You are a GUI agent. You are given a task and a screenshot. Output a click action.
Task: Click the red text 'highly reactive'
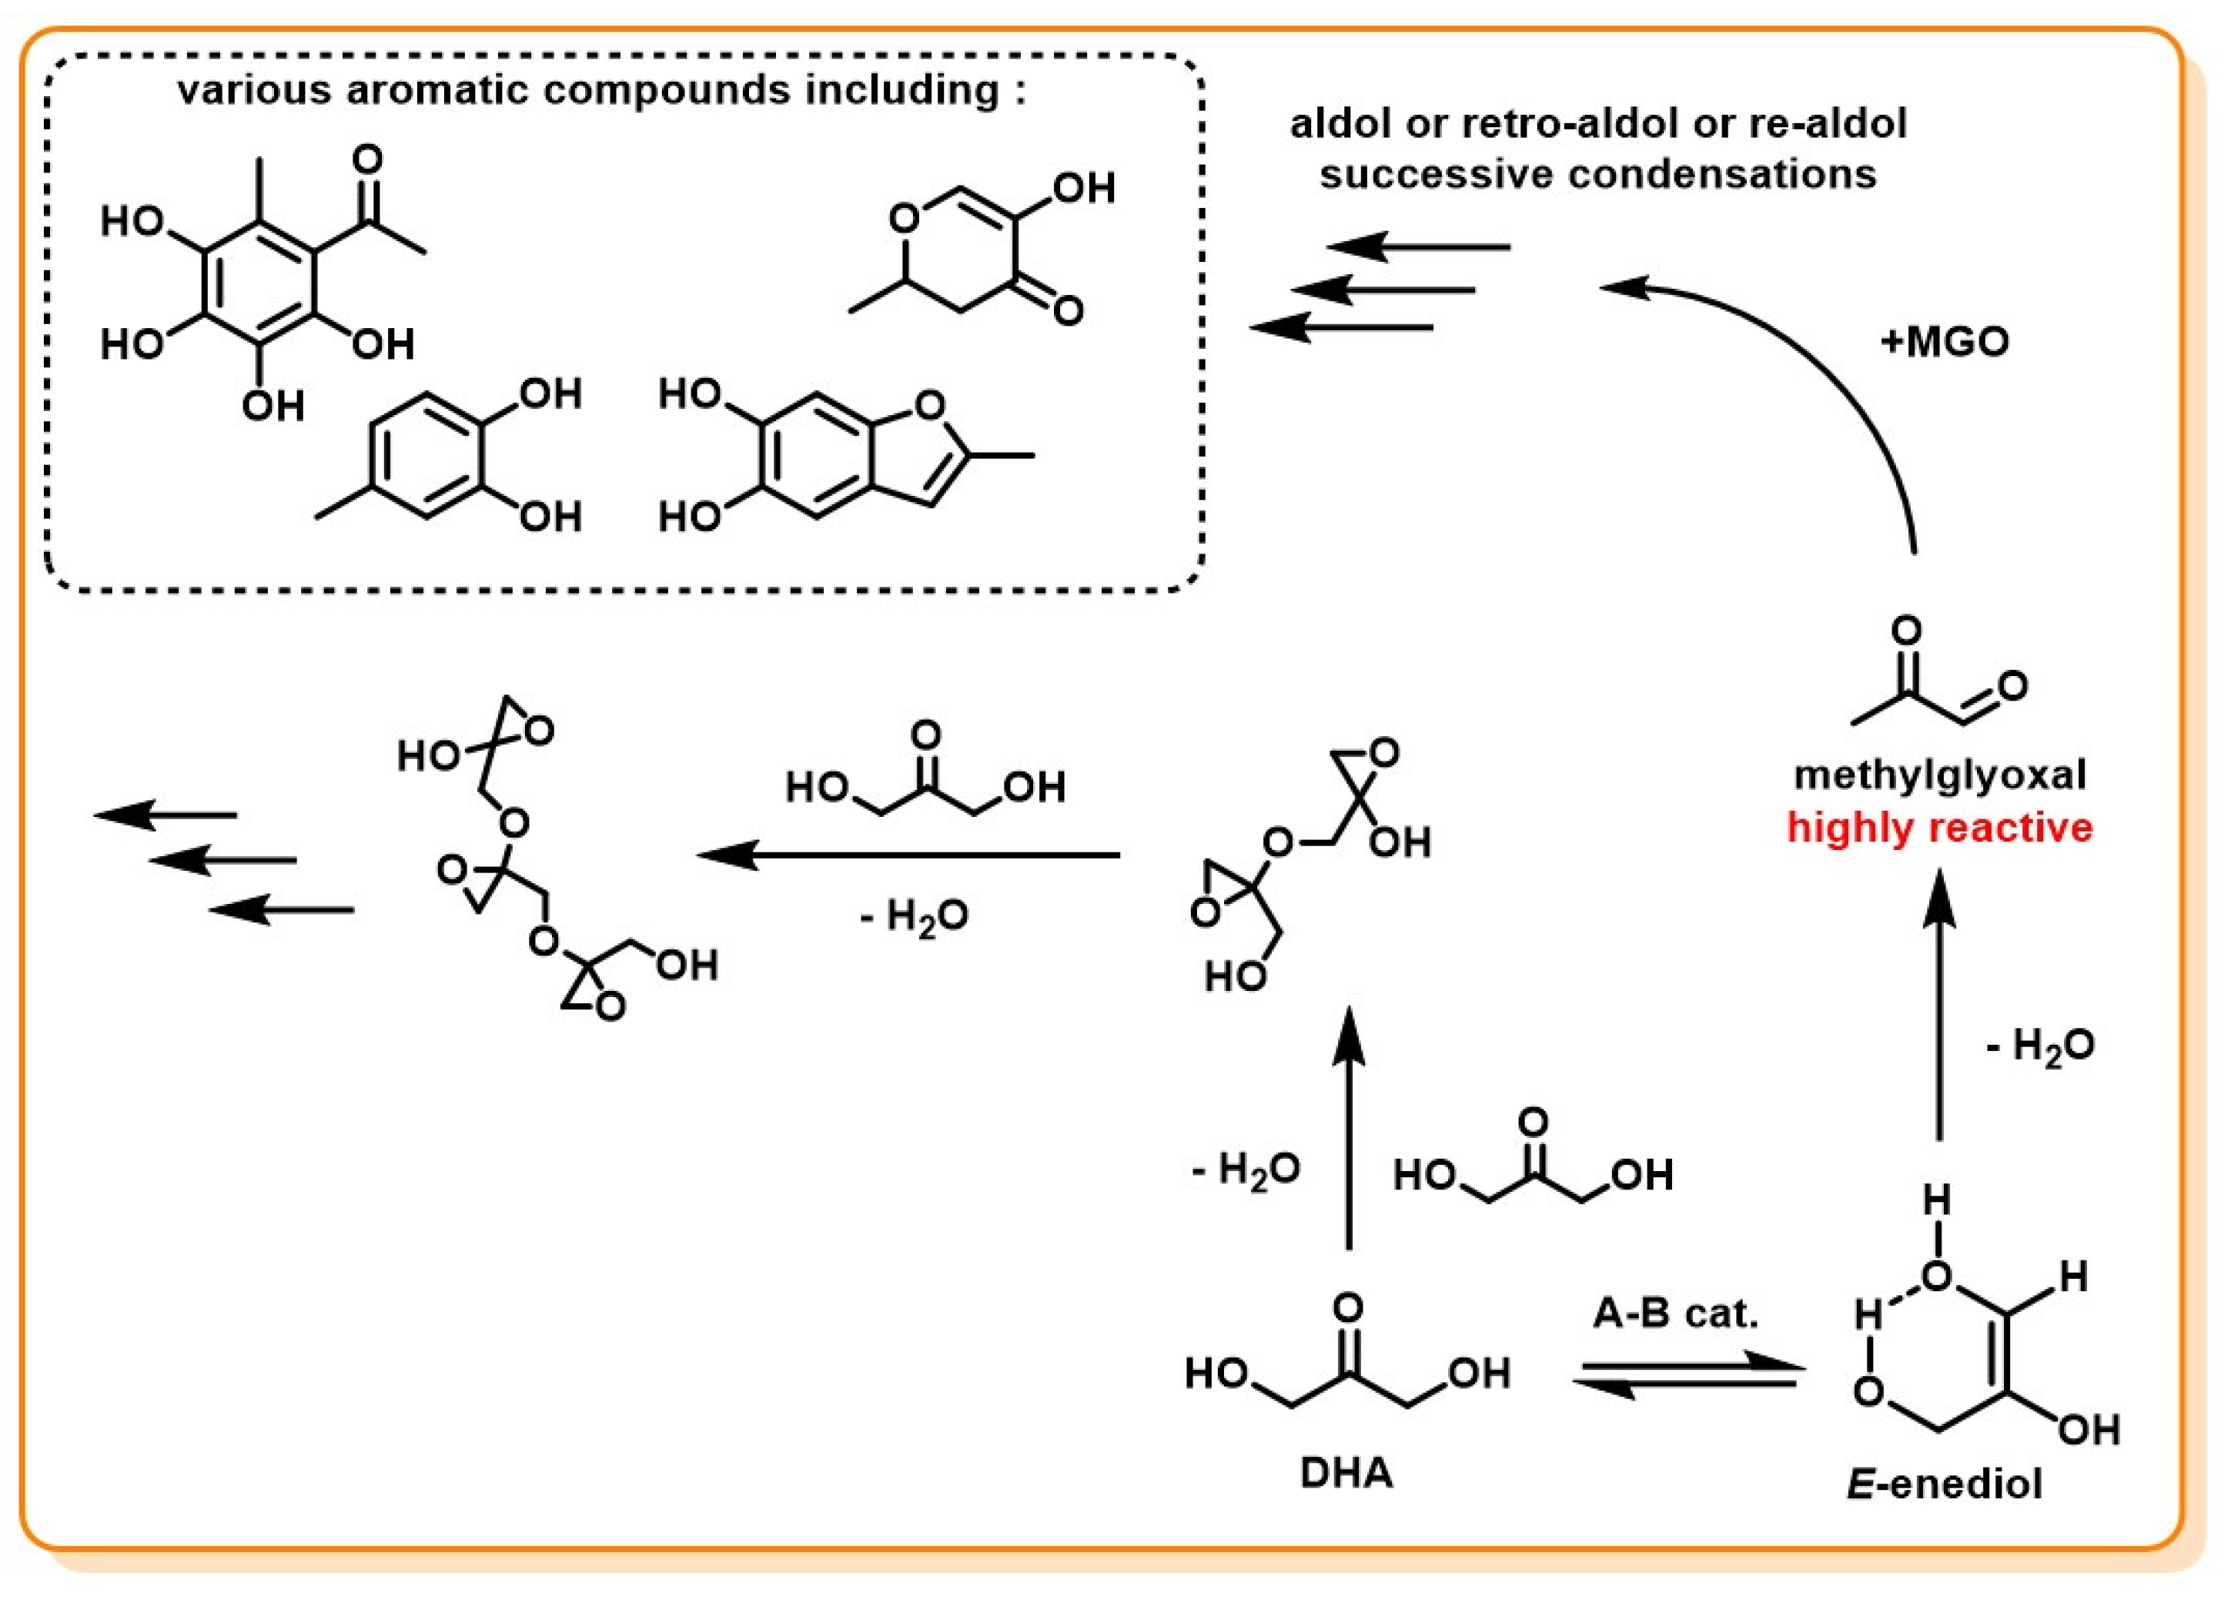click(x=1938, y=827)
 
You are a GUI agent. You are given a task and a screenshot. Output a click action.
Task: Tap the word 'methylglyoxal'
click(x=1938, y=775)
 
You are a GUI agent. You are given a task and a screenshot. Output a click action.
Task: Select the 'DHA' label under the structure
click(x=1346, y=1473)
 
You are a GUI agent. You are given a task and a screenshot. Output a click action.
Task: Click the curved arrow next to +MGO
click(x=1820, y=374)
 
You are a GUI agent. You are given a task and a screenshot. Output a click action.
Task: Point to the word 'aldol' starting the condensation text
click(x=1339, y=124)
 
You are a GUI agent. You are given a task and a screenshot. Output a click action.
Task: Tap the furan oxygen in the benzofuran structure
click(x=928, y=404)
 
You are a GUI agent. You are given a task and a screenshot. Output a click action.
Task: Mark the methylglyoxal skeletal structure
click(x=1928, y=679)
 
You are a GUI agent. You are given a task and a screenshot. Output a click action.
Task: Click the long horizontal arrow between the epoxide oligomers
click(x=910, y=854)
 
